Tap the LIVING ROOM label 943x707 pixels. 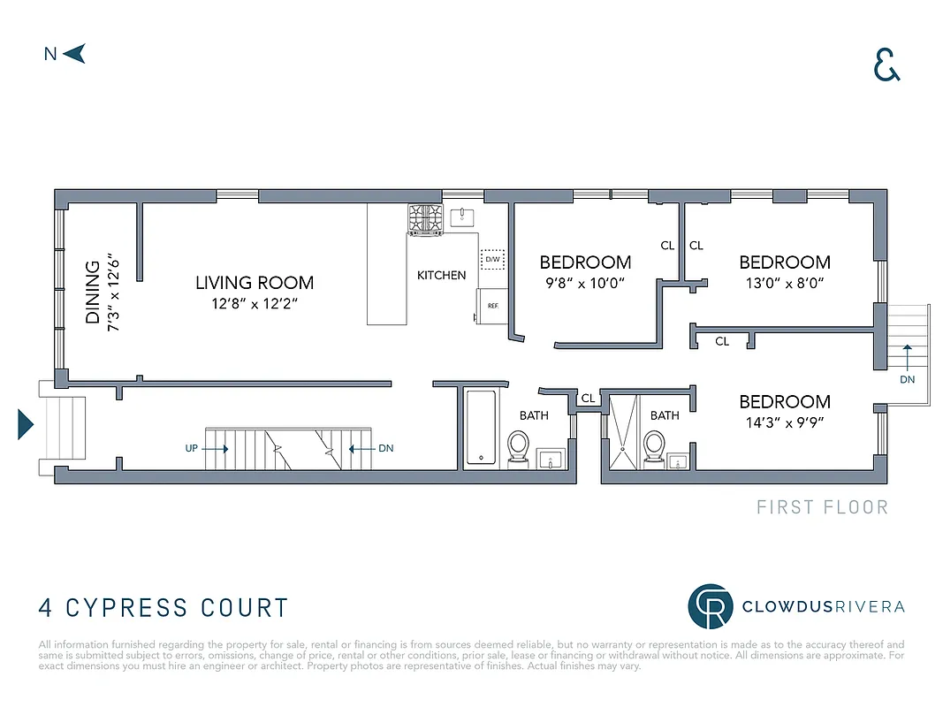tap(255, 284)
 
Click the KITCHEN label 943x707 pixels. tap(441, 276)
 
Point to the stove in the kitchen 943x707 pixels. tap(425, 218)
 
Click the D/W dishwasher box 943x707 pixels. tap(491, 260)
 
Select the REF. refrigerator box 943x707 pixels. tap(491, 307)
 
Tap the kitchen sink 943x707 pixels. tap(462, 217)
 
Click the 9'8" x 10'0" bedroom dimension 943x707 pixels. tap(585, 284)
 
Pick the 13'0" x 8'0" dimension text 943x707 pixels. tap(785, 284)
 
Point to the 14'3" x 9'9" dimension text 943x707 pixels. tap(785, 422)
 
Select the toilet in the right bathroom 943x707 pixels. tap(655, 445)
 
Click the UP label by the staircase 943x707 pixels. tap(192, 448)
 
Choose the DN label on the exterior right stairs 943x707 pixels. tap(907, 379)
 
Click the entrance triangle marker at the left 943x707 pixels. tap(25, 425)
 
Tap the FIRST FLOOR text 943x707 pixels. tap(822, 507)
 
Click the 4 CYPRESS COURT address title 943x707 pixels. tap(164, 608)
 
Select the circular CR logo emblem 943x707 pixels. tap(711, 606)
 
